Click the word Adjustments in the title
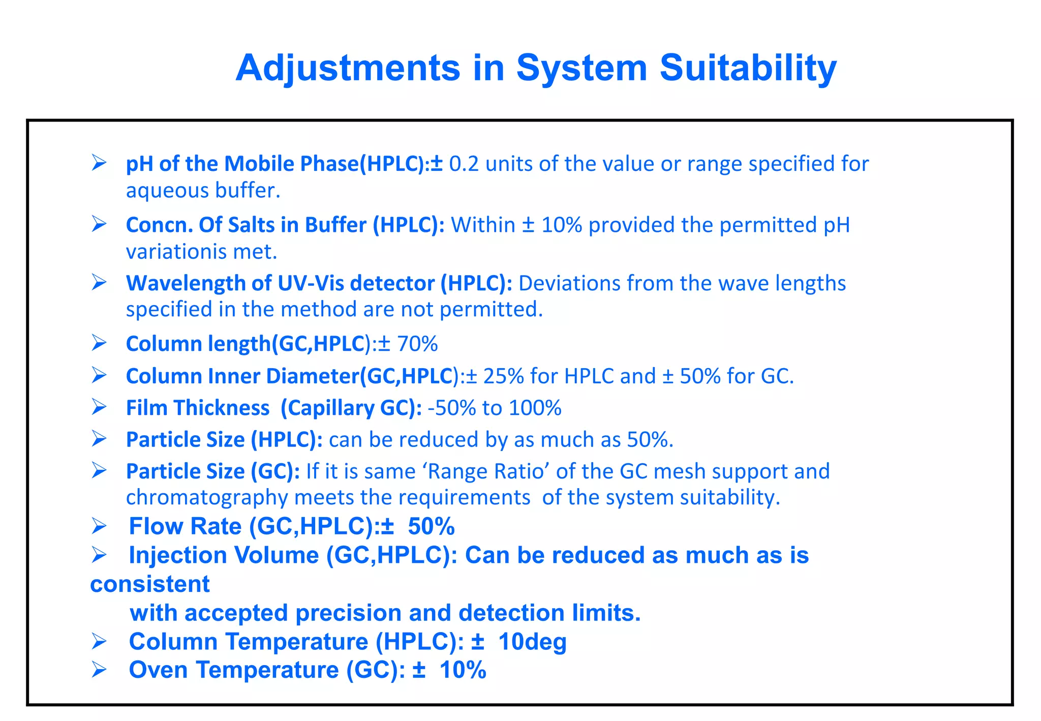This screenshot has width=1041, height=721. click(x=348, y=69)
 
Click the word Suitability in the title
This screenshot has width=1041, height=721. click(x=748, y=69)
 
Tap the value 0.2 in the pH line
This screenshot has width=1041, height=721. click(x=464, y=164)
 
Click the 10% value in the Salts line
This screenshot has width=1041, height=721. click(x=562, y=225)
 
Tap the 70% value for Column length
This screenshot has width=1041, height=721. click(x=417, y=344)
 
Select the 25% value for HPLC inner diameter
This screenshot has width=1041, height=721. click(x=503, y=377)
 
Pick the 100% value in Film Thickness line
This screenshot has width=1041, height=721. click(x=535, y=408)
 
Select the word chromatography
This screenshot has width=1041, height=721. click(x=207, y=498)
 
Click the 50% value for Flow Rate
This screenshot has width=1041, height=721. click(x=431, y=527)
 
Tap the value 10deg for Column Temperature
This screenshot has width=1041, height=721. click(x=532, y=642)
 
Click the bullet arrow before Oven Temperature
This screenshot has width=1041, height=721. click(x=99, y=671)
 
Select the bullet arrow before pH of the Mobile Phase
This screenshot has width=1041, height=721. click(x=99, y=163)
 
